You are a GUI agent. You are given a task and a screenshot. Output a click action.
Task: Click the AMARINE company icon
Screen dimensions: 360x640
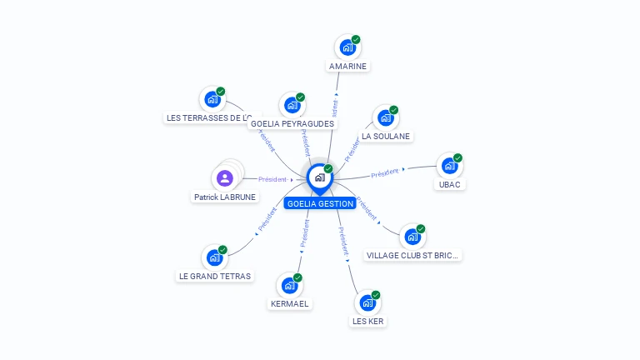[347, 47]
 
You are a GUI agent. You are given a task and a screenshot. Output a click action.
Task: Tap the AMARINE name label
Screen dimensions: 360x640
[347, 66]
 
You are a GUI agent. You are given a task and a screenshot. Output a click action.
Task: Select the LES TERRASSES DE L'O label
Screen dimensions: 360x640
[208, 117]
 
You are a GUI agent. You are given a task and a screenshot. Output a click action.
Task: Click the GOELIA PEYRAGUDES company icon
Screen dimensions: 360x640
[292, 105]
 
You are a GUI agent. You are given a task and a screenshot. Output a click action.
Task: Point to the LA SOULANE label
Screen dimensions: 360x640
[386, 136]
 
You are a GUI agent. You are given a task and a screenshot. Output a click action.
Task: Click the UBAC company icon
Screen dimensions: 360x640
[449, 166]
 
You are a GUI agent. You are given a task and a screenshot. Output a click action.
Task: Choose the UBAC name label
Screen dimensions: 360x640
[449, 184]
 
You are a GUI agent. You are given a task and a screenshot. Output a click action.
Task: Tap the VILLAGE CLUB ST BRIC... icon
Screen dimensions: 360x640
[412, 237]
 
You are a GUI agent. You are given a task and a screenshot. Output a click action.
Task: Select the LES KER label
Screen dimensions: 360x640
[368, 321]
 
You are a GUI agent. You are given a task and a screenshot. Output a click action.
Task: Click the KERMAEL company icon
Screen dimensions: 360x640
[289, 286]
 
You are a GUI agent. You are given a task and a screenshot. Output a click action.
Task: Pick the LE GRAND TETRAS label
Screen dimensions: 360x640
[214, 276]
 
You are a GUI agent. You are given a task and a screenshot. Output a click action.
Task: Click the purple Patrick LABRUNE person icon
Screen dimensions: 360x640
[224, 177]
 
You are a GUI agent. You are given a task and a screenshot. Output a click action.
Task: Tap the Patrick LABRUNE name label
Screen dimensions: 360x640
[225, 197]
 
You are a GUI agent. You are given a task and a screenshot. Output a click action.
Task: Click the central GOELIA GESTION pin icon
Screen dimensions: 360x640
[319, 177]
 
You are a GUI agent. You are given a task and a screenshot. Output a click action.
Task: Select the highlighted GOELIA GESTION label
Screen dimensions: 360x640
[320, 203]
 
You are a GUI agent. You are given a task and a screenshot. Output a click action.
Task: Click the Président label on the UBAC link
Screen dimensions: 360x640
[385, 173]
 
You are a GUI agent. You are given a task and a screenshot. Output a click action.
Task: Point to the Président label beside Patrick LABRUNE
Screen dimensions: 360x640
[272, 179]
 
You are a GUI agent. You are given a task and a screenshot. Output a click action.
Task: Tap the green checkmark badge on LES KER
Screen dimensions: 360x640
[376, 295]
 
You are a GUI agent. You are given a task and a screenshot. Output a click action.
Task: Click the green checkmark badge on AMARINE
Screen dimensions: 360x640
[356, 39]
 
